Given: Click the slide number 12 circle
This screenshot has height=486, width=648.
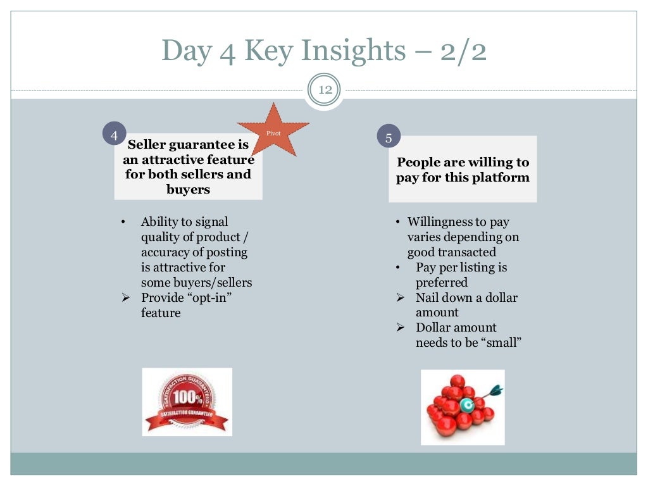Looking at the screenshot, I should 325,90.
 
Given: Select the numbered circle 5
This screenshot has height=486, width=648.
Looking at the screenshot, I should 389,137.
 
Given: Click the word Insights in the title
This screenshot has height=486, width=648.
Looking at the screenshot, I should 326,51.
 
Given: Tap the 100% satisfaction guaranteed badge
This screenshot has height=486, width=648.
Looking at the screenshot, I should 187,402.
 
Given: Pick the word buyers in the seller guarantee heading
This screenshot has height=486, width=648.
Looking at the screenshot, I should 188,189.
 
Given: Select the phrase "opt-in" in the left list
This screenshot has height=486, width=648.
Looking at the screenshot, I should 208,297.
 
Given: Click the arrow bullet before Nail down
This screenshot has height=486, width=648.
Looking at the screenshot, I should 400,297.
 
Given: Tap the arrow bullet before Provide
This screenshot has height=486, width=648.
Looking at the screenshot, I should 125,297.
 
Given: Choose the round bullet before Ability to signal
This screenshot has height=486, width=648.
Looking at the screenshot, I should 123,222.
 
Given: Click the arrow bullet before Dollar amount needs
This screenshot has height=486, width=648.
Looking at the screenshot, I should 400,328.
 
